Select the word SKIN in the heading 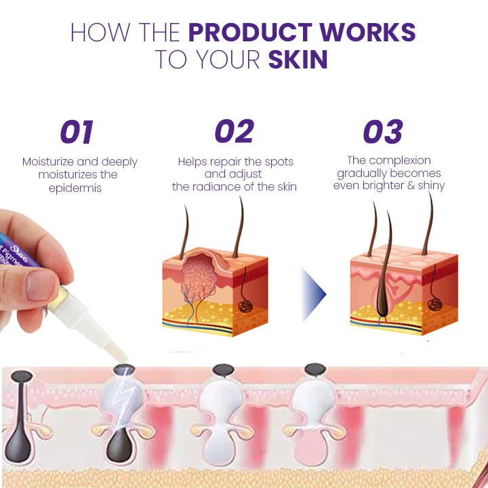tap(298, 60)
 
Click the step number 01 tap(77, 132)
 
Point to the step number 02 tap(234, 132)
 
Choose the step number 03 tap(382, 132)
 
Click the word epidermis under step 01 tap(75, 188)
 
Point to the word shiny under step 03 tap(429, 186)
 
